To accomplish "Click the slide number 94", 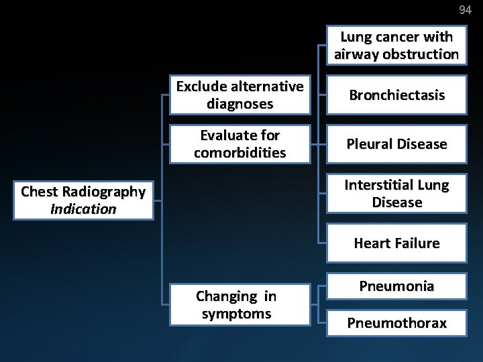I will point(465,9).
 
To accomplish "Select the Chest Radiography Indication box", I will point(83,200).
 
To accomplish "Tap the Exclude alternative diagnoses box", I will point(239,95).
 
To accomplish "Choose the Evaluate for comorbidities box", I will point(239,143).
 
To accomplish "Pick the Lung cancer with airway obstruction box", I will point(396,46).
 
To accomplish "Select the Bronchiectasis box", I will point(396,95).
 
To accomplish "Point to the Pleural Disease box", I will point(396,143).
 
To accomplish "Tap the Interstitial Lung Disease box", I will point(396,193).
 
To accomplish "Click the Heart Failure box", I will point(396,243).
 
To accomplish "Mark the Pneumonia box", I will point(396,286).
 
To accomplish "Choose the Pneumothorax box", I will point(396,323).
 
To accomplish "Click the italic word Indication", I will point(83,209).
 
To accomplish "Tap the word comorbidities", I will point(239,153).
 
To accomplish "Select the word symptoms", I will point(235,314).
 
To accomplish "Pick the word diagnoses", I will point(239,105).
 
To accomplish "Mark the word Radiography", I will point(104,192).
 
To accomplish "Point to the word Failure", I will point(417,243).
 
